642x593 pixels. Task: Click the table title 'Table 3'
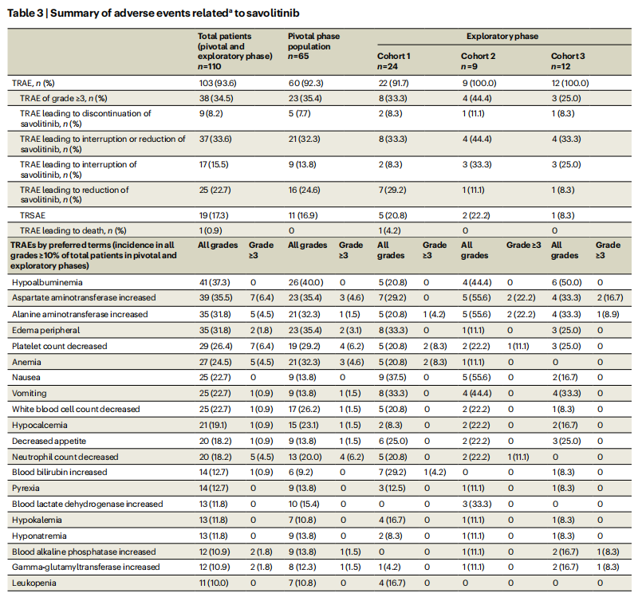pyautogui.click(x=25, y=13)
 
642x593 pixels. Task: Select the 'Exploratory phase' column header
pyautogui.click(x=502, y=36)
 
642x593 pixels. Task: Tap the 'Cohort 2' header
pyautogui.click(x=478, y=56)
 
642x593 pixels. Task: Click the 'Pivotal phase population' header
pyautogui.click(x=313, y=41)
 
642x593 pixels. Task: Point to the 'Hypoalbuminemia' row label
pyautogui.click(x=47, y=282)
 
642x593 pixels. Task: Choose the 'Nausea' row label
pyautogui.click(x=26, y=377)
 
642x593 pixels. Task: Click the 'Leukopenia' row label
pyautogui.click(x=33, y=583)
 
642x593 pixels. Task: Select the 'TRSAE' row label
pyautogui.click(x=33, y=215)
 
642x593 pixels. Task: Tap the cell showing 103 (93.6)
pyautogui.click(x=218, y=83)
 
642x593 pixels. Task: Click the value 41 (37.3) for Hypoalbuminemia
pyautogui.click(x=215, y=282)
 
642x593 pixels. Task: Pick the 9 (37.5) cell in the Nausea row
pyautogui.click(x=392, y=377)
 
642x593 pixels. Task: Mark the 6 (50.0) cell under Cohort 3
pyautogui.click(x=566, y=282)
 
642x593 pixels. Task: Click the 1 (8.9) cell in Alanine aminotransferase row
pyautogui.click(x=607, y=314)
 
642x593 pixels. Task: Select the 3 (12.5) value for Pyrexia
pyautogui.click(x=392, y=488)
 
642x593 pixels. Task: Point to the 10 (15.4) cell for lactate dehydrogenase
pyautogui.click(x=305, y=504)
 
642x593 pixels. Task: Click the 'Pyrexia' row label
pyautogui.click(x=26, y=488)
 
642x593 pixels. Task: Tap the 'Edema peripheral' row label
pyautogui.click(x=46, y=330)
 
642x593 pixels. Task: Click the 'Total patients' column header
pyautogui.click(x=224, y=36)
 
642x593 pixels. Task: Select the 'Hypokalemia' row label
pyautogui.click(x=37, y=520)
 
